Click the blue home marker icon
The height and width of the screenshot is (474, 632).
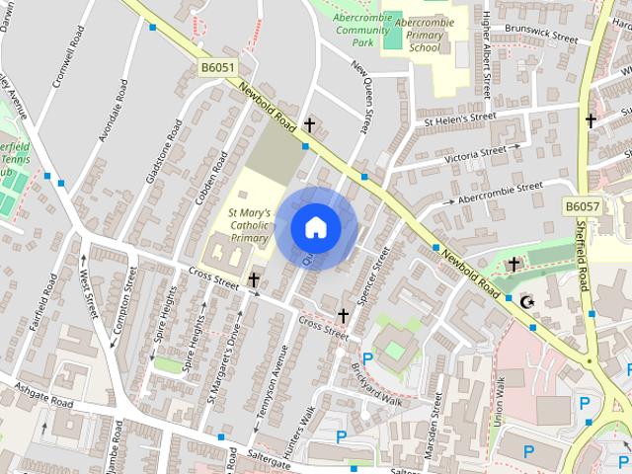click(x=316, y=227)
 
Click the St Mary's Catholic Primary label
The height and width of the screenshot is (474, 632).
click(x=249, y=224)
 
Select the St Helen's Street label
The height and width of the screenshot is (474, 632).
click(x=459, y=118)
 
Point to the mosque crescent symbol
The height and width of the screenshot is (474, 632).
click(x=526, y=300)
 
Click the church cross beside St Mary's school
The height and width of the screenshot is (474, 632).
click(x=254, y=280)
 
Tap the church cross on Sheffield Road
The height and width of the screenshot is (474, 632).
click(x=591, y=120)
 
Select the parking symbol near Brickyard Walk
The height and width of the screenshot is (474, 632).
click(x=367, y=359)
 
